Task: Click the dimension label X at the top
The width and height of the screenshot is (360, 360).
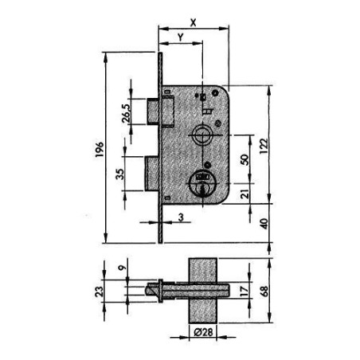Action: click(193, 23)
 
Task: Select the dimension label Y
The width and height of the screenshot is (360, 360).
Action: click(181, 37)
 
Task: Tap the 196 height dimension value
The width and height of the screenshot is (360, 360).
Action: click(100, 150)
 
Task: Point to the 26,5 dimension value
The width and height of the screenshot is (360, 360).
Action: click(126, 113)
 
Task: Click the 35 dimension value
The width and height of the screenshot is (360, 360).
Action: click(120, 174)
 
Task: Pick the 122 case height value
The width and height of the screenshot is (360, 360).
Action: click(264, 146)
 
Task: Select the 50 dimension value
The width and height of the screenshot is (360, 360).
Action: click(245, 159)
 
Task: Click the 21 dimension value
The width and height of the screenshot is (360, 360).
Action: click(245, 194)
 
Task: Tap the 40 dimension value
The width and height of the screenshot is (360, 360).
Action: click(264, 224)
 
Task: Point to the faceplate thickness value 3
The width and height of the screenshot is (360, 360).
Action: click(181, 217)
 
